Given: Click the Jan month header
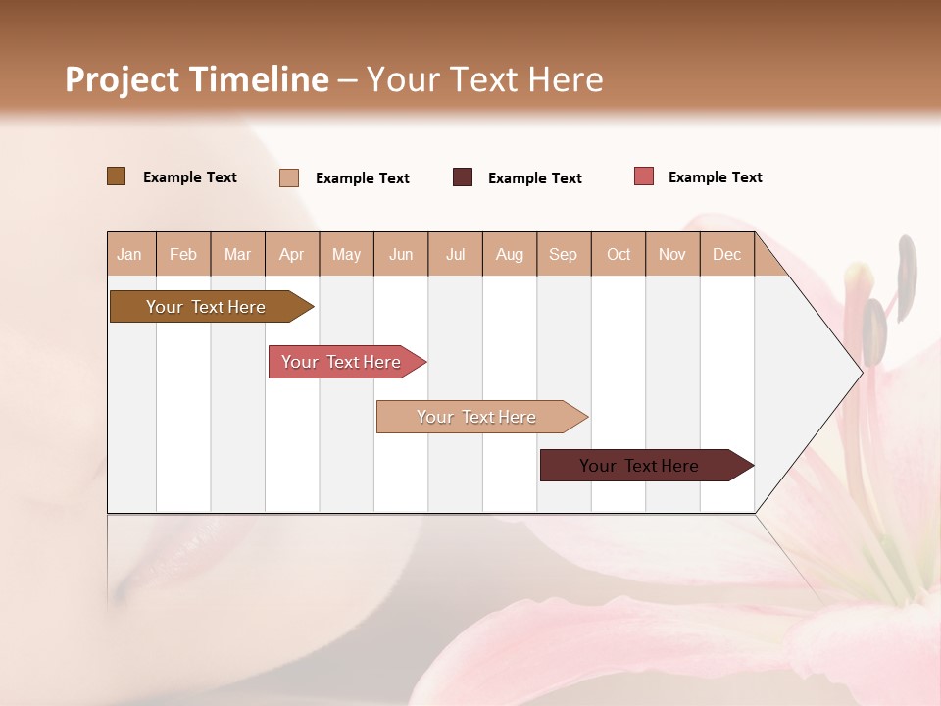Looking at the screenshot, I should [130, 255].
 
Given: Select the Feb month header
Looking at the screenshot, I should [183, 255].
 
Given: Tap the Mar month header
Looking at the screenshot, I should [237, 255].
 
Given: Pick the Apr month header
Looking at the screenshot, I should [292, 255].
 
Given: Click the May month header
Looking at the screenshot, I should [346, 255].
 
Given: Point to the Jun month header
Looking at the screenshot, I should [401, 255].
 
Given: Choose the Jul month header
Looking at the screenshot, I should [455, 255].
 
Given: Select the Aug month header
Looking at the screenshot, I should [510, 255].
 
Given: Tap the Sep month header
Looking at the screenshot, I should [564, 255].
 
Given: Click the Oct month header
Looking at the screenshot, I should [619, 255].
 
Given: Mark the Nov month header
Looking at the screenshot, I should [672, 255].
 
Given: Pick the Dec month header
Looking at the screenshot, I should [727, 255].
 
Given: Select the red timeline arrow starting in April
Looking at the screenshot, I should [344, 362].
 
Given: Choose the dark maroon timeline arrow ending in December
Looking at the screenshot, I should [643, 466].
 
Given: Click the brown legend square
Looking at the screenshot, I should [116, 176].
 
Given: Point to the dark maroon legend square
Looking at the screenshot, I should [463, 177].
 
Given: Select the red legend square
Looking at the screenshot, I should [643, 176].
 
